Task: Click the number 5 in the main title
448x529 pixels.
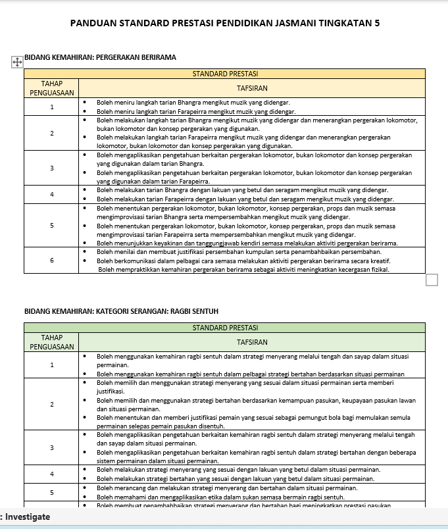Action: click(x=376, y=24)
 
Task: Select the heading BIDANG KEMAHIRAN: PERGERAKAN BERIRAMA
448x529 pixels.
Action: click(x=100, y=57)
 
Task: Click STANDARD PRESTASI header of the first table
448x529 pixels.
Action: click(x=224, y=73)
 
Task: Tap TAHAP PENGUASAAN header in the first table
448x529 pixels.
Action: click(x=51, y=88)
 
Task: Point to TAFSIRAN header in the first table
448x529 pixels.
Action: click(x=251, y=88)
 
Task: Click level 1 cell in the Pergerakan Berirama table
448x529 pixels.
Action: click(x=51, y=107)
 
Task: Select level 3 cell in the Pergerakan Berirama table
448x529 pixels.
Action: click(x=51, y=168)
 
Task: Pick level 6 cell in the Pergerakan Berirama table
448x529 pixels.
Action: click(x=51, y=260)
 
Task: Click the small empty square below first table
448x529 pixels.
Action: click(x=432, y=280)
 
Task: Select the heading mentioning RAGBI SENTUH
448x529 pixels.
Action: click(x=121, y=311)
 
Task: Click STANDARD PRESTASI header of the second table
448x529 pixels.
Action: click(x=224, y=327)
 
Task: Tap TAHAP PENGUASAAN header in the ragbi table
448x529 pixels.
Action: click(x=51, y=342)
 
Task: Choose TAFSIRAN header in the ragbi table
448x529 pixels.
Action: click(x=251, y=342)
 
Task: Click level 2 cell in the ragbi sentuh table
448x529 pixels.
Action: click(x=51, y=404)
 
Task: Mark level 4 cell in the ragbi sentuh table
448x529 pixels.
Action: click(x=51, y=474)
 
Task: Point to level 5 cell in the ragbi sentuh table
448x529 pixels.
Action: click(x=51, y=492)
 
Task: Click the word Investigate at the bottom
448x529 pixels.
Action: click(x=28, y=517)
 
